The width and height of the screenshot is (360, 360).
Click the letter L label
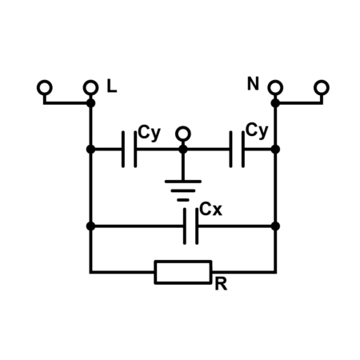tap(112, 86)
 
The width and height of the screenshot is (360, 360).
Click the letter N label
tap(253, 83)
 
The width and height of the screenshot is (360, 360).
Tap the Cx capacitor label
tap(210, 209)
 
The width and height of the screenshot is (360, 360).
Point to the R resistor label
tap(221, 284)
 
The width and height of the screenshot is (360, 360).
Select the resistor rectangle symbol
tap(183, 272)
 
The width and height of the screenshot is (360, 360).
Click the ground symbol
tap(183, 190)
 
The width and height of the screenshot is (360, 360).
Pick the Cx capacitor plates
tap(190, 226)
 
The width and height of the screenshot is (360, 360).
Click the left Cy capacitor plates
tap(130, 150)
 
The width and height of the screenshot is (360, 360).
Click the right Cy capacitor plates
tap(237, 150)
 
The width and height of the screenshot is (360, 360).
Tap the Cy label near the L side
tap(150, 133)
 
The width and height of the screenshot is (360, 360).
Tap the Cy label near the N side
tap(257, 130)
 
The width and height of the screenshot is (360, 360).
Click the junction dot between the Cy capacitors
tap(183, 150)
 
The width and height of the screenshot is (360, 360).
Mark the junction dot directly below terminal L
tap(90, 103)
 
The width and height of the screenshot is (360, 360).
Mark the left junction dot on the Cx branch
tap(90, 226)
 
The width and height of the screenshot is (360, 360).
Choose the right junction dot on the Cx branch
tap(275, 226)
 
